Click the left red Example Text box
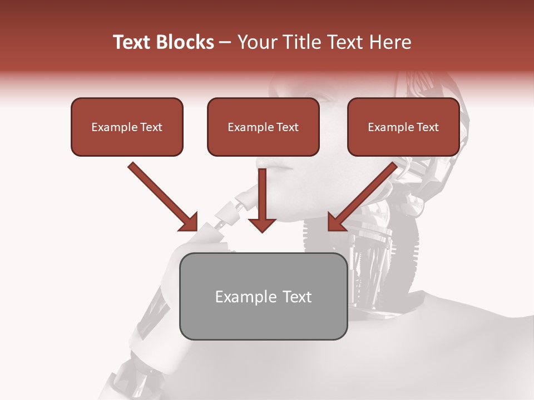click(x=127, y=127)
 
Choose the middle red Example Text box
click(x=263, y=127)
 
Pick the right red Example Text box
click(x=403, y=127)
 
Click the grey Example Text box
click(x=263, y=296)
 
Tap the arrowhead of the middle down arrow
click(x=262, y=224)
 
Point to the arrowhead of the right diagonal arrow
click(x=336, y=222)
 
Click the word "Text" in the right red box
click(x=427, y=127)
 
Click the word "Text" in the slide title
click(x=133, y=42)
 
